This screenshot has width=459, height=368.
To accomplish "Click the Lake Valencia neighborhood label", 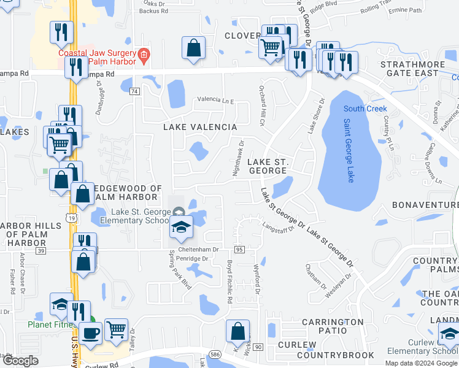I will (199, 127).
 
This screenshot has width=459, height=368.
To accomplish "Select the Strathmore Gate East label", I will (409, 68).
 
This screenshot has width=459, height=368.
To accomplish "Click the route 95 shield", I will (239, 250).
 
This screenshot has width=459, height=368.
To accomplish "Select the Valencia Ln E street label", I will (215, 100).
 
